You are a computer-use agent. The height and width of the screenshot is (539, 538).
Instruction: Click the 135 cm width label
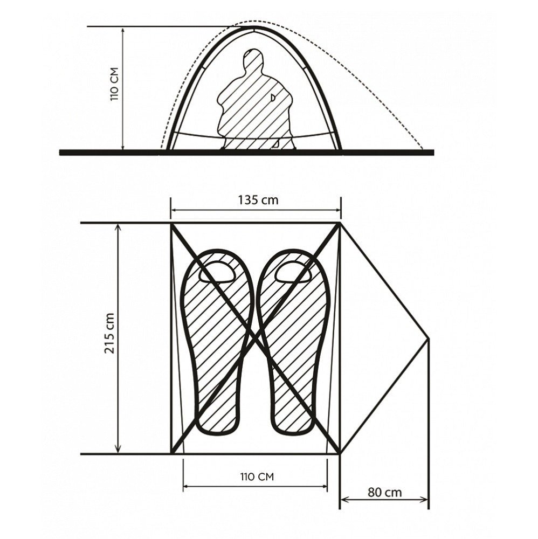pos(258,200)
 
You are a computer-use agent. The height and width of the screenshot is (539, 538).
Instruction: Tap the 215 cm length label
pos(109,333)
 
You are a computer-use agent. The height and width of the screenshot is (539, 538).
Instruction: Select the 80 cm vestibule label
pos(384,492)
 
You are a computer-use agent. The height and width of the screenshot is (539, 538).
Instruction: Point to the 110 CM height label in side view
pos(114,84)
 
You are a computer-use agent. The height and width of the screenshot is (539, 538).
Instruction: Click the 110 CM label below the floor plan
pos(257,476)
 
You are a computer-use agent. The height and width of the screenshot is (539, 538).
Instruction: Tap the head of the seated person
pos(253,58)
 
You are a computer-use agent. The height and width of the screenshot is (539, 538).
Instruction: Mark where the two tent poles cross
pos(255,338)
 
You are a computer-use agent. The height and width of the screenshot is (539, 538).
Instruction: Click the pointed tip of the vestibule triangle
pos(429,338)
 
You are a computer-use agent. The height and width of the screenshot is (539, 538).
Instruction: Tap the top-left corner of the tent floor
pos(171,224)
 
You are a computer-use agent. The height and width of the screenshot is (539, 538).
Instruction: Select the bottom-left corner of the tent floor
pos(171,454)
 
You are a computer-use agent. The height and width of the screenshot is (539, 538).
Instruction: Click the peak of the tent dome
pos(254,27)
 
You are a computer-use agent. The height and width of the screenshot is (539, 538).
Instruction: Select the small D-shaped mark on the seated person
pos(273,98)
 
